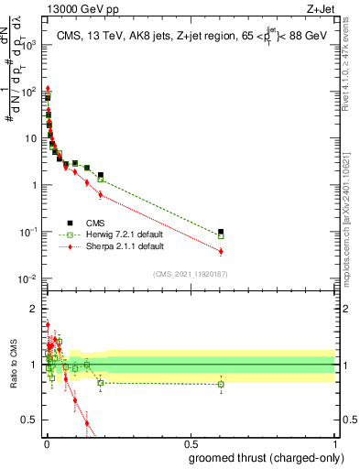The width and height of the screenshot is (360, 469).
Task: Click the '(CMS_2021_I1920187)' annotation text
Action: tap(191, 273)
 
